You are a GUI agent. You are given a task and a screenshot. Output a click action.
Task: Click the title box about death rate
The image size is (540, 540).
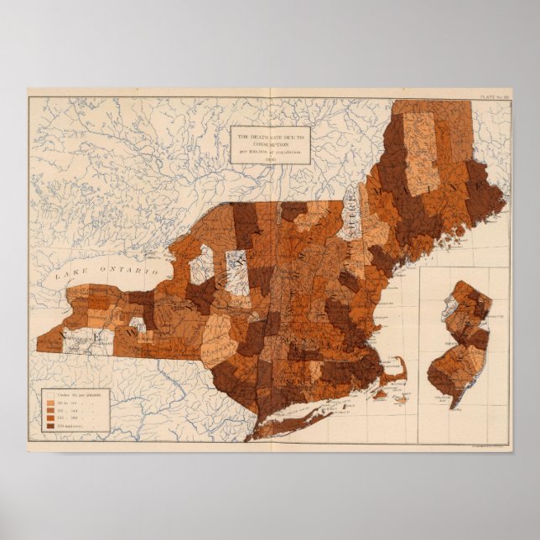(269, 144)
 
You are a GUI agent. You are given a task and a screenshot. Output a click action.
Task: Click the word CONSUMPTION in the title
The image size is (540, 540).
(269, 142)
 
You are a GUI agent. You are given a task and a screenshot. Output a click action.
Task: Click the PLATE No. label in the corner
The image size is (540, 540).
(496, 99)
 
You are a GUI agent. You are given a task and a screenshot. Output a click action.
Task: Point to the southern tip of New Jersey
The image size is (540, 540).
(454, 406)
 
